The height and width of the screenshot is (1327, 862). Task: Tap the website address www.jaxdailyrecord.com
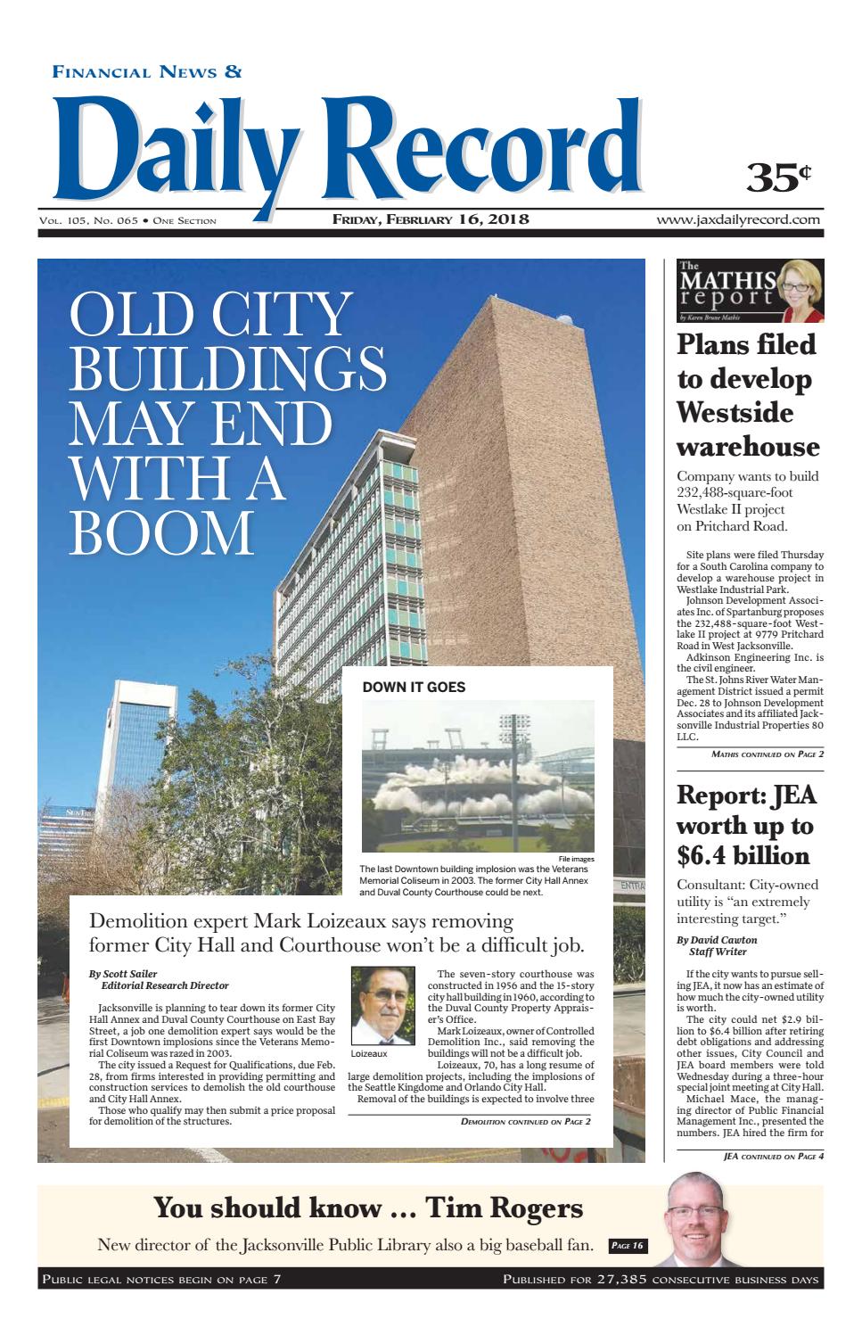coord(739,219)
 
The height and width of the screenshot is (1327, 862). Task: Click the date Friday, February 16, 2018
coord(431,219)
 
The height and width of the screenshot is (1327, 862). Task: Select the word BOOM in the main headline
coord(161,532)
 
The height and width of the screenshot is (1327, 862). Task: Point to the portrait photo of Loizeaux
coord(382,999)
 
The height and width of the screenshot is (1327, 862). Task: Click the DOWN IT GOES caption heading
coord(414,688)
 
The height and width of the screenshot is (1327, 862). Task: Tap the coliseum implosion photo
coord(478,776)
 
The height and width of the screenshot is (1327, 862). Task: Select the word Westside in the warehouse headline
coord(735,413)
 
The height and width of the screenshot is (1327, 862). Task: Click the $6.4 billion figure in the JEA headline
coord(743,856)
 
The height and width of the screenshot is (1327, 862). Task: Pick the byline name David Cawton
coord(718,941)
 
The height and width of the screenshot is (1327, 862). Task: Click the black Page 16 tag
coord(627,1246)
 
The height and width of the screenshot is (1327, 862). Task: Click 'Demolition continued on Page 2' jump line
coord(525,1122)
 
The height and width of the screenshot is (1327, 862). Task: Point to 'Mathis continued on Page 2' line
coord(768,754)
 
